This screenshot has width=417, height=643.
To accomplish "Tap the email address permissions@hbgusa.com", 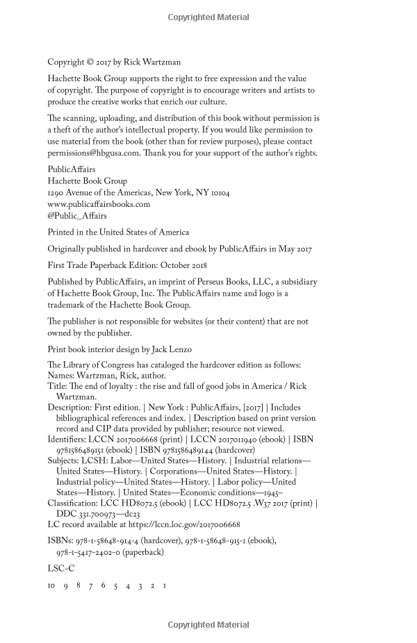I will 91,153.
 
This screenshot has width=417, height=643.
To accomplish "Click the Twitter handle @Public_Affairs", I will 72,216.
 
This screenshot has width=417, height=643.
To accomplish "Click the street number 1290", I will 57,192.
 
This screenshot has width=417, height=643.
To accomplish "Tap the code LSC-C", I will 61,567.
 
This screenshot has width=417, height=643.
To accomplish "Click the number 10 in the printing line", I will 51,585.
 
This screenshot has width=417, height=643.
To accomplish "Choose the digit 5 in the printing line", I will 115,585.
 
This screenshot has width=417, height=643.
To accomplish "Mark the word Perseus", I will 216,282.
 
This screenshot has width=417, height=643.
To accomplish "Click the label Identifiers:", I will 68,419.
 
